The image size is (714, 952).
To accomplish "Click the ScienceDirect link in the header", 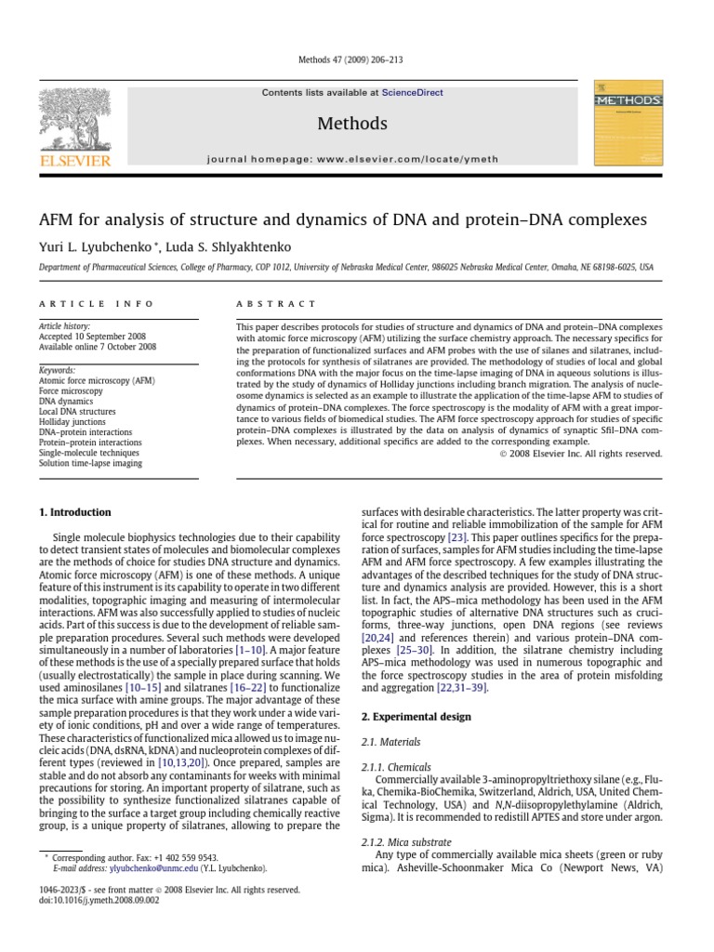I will (412, 93).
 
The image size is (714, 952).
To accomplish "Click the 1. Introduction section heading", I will (74, 512).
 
